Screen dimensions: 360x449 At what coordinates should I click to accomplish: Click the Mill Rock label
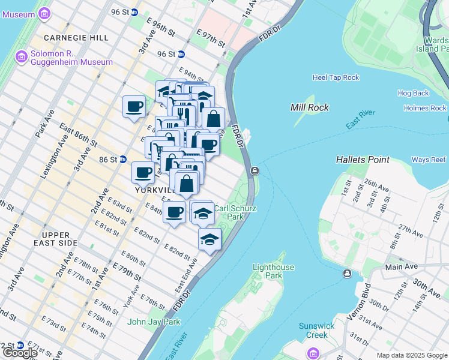pyautogui.click(x=308, y=107)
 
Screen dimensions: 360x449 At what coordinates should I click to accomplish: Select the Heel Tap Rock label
pyautogui.click(x=336, y=77)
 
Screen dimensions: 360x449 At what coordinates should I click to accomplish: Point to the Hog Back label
pyautogui.click(x=413, y=93)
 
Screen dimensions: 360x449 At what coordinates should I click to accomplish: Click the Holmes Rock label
pyautogui.click(x=425, y=108)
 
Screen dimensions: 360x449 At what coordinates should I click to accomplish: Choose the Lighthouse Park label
pyautogui.click(x=273, y=271)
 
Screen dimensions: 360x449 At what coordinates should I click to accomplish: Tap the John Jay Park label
pyautogui.click(x=154, y=322)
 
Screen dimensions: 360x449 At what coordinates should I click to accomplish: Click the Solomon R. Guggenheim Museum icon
pyautogui.click(x=22, y=57)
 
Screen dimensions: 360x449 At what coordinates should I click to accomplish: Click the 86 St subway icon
pyautogui.click(x=123, y=160)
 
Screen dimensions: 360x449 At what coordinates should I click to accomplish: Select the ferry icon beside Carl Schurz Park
pyautogui.click(x=255, y=171)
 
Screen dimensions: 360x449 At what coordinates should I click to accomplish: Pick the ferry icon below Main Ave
pyautogui.click(x=347, y=274)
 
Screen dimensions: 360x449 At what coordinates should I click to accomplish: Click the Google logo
pyautogui.click(x=19, y=353)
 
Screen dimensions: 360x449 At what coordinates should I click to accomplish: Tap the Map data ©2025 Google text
pyautogui.click(x=412, y=355)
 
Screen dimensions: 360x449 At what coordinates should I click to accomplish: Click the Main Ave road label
pyautogui.click(x=402, y=266)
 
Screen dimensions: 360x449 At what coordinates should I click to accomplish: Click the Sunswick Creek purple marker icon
pyautogui.click(x=313, y=352)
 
